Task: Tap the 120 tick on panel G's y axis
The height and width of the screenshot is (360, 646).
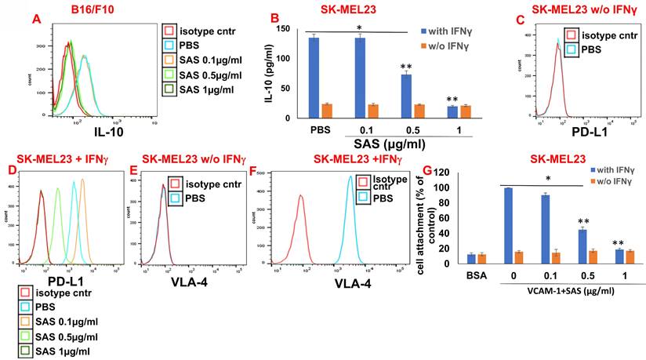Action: [485, 173]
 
